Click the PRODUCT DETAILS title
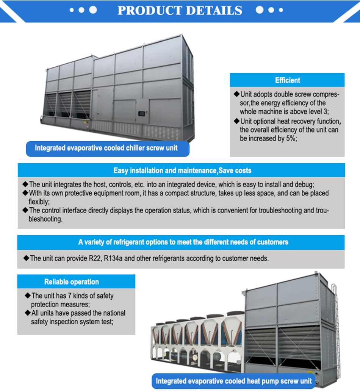click(x=180, y=10)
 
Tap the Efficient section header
click(x=287, y=80)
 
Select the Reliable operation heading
click(x=72, y=282)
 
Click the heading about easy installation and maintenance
click(x=182, y=170)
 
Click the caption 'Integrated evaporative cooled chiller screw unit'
click(x=106, y=148)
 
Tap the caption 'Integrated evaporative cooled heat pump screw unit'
click(x=234, y=381)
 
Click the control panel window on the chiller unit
click(x=141, y=114)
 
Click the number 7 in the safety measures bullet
click(x=70, y=296)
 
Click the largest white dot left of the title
click(x=93, y=10)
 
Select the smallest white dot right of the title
click(x=281, y=10)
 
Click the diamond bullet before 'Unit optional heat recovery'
click(x=236, y=121)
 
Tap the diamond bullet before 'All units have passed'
click(x=28, y=313)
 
